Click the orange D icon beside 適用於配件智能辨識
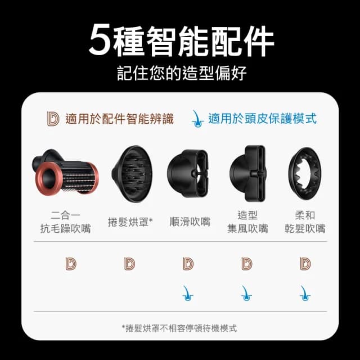coord(53,119)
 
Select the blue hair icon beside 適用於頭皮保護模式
coord(197,118)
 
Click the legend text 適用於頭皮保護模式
coord(262,119)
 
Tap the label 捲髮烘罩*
coord(130,222)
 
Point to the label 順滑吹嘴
coord(190,222)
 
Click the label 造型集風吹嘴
coord(247,222)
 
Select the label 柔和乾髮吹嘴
coord(305,222)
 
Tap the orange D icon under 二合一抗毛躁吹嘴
coord(70,263)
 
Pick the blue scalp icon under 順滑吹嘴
coord(189,291)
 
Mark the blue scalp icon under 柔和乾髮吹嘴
coord(305,291)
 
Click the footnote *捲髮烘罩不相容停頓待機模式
coord(179,327)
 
